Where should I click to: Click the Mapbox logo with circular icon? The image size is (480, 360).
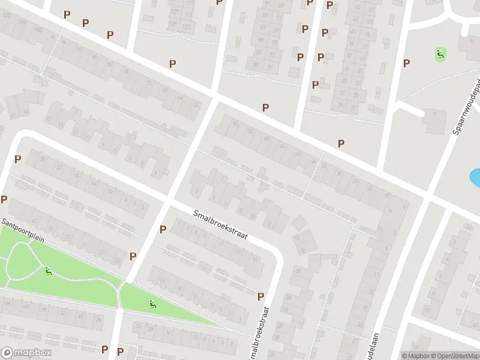click(x=26, y=353)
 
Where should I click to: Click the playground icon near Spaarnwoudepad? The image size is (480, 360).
click(x=440, y=55)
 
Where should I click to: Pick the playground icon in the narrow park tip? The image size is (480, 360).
click(x=153, y=305)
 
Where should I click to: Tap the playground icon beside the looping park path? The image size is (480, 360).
click(x=48, y=271)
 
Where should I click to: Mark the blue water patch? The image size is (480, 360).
click(x=475, y=178)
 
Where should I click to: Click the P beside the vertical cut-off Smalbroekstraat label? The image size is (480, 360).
click(x=260, y=296)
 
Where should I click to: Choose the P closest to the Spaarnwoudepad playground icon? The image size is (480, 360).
click(x=406, y=63)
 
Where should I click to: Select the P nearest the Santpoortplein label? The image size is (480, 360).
click(x=4, y=199)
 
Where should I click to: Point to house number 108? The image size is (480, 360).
click(x=23, y=22)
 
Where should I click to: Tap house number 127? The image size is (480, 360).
click(x=175, y=12)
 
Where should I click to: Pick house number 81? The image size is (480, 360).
click(x=256, y=65)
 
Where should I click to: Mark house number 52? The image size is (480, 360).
click(x=251, y=132)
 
